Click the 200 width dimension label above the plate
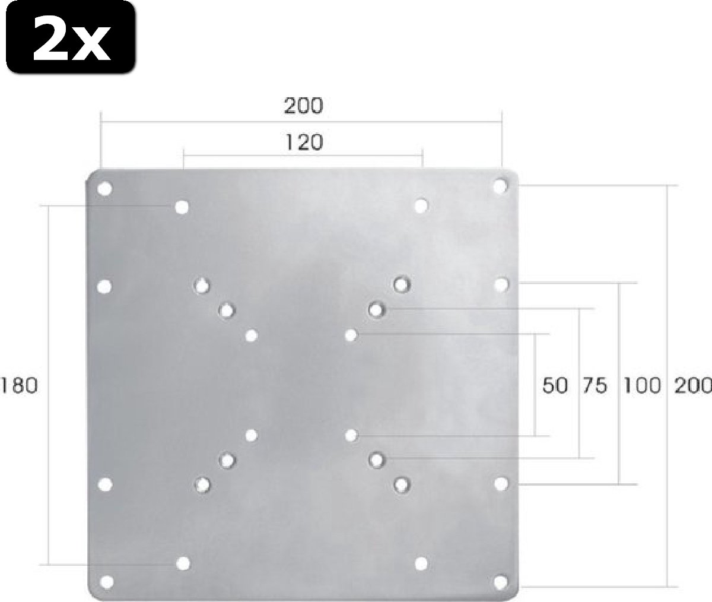[x=303, y=106]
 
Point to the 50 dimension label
[x=555, y=386]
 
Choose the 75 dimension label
[x=594, y=386]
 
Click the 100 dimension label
[x=641, y=386]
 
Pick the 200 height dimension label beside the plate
[x=692, y=386]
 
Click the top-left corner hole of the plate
[x=104, y=189]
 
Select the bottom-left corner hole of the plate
[x=107, y=581]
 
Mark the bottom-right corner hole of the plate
[x=501, y=581]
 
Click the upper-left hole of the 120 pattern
[x=182, y=207]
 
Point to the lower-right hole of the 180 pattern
[x=421, y=562]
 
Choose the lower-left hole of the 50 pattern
[x=252, y=436]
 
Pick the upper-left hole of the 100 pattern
[x=202, y=286]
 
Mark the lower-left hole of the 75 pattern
[x=226, y=460]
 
